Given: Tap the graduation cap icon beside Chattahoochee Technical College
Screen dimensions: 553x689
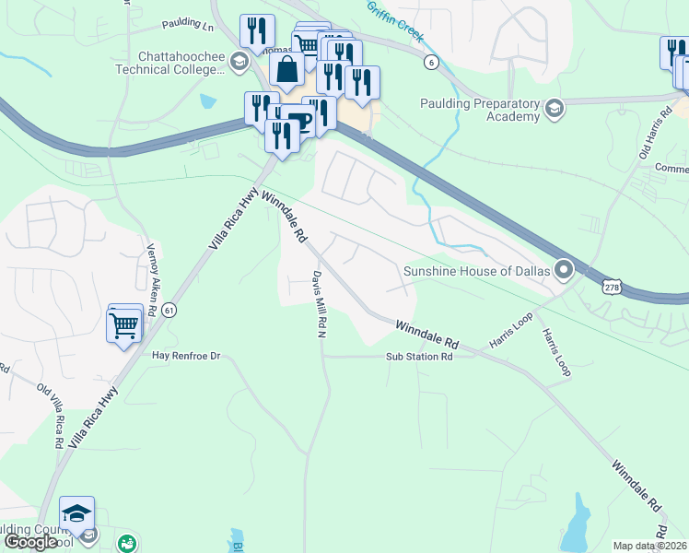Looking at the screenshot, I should click(x=239, y=63).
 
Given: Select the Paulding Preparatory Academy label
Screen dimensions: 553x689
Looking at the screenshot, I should click(x=479, y=110).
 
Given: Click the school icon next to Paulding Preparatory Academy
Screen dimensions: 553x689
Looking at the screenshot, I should click(x=554, y=111).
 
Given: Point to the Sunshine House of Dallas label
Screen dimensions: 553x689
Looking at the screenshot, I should click(x=476, y=271).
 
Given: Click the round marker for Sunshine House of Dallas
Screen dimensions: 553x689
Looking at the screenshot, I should click(x=565, y=270).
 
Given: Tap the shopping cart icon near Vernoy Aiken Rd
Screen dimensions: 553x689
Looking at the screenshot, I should click(x=124, y=324).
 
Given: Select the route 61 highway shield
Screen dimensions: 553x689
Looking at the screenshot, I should click(x=168, y=311).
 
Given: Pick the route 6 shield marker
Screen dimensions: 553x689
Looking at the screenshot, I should click(x=430, y=62).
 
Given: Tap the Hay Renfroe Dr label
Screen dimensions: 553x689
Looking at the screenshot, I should click(x=188, y=355).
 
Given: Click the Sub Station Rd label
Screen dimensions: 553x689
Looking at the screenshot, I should click(x=419, y=356).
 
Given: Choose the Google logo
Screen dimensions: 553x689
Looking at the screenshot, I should click(x=30, y=542).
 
